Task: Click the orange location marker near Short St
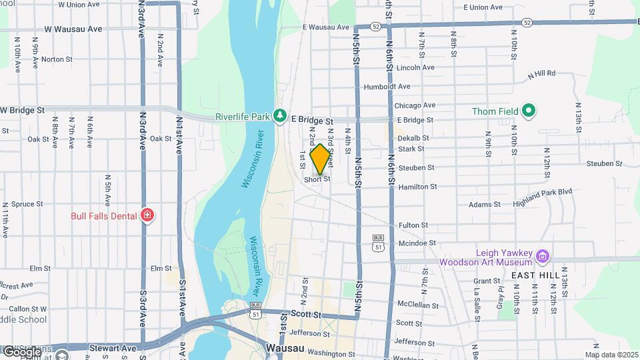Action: (x=320, y=159)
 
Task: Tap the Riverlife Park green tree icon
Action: (x=281, y=116)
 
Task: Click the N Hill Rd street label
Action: (x=541, y=74)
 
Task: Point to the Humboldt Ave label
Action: (x=387, y=87)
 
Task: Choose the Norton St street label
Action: (x=56, y=59)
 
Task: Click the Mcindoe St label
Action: (x=417, y=243)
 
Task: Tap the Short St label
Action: (x=317, y=179)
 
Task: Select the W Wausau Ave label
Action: (x=73, y=29)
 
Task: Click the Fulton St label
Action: (x=413, y=226)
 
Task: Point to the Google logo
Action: (x=22, y=351)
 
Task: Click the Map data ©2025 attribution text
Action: (x=611, y=355)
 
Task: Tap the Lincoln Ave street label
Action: (x=415, y=67)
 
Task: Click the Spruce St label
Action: (x=27, y=204)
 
